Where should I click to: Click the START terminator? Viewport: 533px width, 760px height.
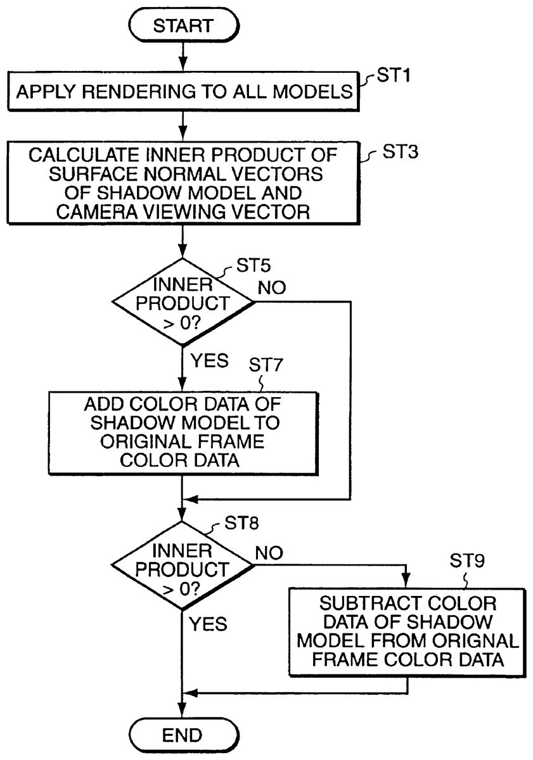(183, 25)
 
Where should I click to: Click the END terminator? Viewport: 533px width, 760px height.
(183, 735)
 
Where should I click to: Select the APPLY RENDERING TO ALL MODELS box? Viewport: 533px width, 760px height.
(183, 91)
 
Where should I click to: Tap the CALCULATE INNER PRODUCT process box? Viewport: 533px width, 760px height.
(183, 184)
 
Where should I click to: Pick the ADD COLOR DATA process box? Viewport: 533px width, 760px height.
(183, 433)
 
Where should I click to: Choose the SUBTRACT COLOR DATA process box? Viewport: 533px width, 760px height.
(407, 631)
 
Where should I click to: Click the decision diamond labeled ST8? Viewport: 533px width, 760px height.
(183, 565)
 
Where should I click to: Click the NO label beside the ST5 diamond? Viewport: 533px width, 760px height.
(271, 287)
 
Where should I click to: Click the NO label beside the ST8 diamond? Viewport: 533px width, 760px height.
(271, 552)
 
